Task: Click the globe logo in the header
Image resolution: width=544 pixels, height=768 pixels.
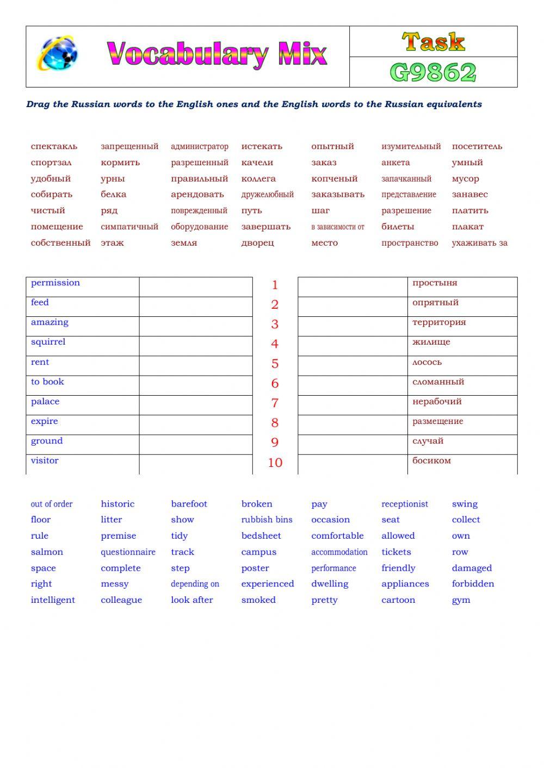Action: pyautogui.click(x=57, y=53)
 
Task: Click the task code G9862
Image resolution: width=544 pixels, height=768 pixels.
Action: pyautogui.click(x=433, y=72)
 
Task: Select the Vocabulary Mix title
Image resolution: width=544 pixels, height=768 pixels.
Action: pyautogui.click(x=217, y=54)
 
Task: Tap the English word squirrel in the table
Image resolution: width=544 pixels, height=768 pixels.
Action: pyautogui.click(x=48, y=342)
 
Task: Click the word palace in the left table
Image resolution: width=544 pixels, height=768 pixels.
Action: pyautogui.click(x=45, y=402)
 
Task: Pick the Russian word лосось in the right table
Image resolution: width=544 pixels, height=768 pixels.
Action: pyautogui.click(x=427, y=362)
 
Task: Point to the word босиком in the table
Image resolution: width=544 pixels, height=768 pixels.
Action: pyautogui.click(x=431, y=461)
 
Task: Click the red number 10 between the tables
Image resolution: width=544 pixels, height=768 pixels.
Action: pyautogui.click(x=275, y=463)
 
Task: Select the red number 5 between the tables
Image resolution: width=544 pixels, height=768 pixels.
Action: pyautogui.click(x=275, y=364)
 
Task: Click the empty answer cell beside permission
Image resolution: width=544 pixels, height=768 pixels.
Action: pyautogui.click(x=196, y=287)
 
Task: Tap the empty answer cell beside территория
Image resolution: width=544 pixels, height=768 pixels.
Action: pyautogui.click(x=353, y=326)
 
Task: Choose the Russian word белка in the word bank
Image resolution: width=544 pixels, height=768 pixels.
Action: pyautogui.click(x=113, y=194)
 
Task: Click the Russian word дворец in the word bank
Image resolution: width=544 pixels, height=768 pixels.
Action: pyautogui.click(x=257, y=243)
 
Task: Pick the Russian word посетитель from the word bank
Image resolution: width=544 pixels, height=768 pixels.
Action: pyautogui.click(x=477, y=146)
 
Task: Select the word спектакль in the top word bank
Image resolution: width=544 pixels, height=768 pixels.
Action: pyautogui.click(x=54, y=146)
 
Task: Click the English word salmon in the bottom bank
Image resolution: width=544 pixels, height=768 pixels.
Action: pyautogui.click(x=47, y=552)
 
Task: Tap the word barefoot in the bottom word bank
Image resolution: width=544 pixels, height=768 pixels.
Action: pyautogui.click(x=189, y=504)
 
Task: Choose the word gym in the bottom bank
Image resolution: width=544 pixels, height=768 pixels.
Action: pyautogui.click(x=461, y=601)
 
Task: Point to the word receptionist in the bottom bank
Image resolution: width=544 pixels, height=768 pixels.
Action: pyautogui.click(x=405, y=504)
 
